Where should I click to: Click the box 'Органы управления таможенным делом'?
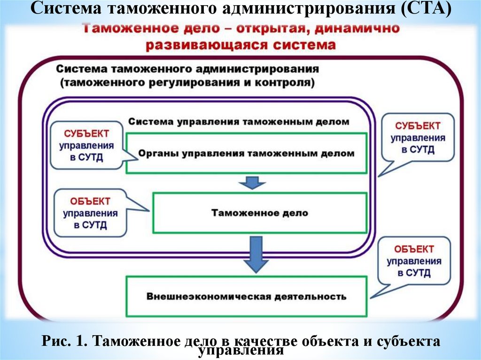click(246, 153)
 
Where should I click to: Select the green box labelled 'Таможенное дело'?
click(259, 213)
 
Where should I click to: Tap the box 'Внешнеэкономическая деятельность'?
click(246, 296)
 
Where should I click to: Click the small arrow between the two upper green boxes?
click(252, 183)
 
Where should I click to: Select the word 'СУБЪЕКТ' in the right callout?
click(418, 126)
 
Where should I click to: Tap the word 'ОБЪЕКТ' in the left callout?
click(90, 201)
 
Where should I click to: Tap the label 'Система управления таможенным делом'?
click(239, 122)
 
